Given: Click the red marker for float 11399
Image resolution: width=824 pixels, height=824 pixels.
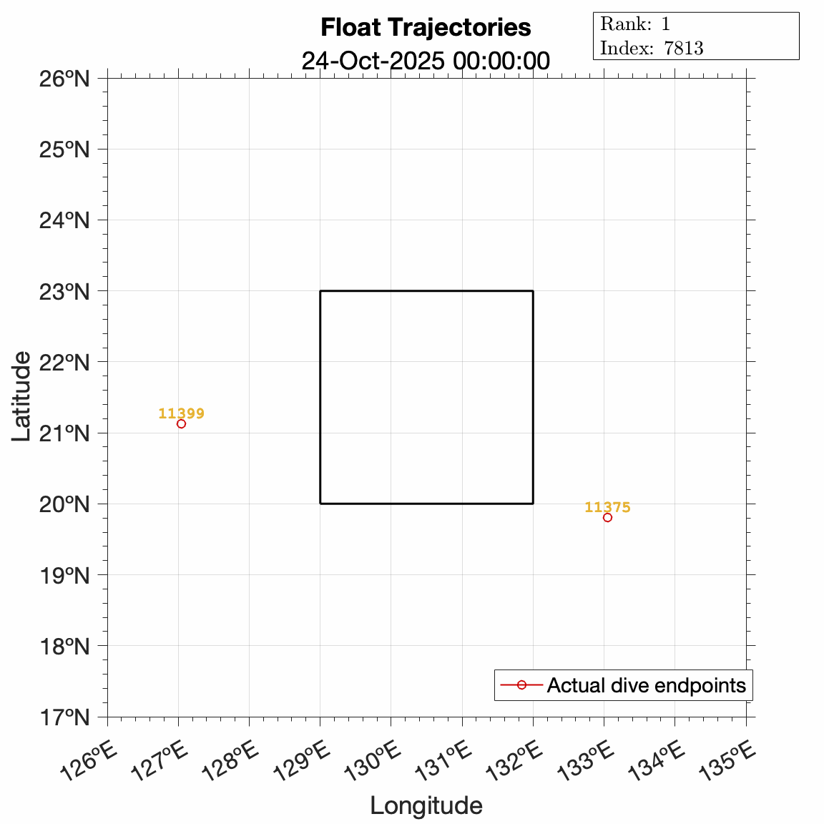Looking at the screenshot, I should point(181,423).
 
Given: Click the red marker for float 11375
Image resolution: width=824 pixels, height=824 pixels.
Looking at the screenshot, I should point(607,517).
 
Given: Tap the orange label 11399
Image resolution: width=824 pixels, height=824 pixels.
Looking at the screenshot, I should point(181,413).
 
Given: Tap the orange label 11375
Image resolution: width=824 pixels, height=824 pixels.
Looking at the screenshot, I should point(607,507).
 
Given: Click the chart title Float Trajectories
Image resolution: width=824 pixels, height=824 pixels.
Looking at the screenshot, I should point(426,27).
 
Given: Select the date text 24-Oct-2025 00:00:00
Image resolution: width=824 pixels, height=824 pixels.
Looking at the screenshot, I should point(426,61).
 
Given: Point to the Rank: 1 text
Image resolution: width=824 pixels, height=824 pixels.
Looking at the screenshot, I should point(635,24).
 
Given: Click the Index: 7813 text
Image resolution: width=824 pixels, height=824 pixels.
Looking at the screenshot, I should point(652,48).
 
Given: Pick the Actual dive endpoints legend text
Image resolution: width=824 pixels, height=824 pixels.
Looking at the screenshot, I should point(646,685).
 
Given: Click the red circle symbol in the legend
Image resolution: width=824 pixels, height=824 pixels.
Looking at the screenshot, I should point(521,685).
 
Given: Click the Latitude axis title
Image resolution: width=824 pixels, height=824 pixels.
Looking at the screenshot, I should point(22,396).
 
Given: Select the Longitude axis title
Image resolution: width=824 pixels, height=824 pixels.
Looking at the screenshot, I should point(426,805).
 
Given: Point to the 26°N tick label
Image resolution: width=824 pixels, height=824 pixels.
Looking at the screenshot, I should point(64,78).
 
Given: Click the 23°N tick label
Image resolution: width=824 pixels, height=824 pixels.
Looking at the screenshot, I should point(64,291).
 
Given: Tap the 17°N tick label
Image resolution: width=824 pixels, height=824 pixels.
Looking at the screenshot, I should point(64,717).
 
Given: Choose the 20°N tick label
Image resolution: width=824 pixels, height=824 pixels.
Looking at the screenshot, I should point(64,504).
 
